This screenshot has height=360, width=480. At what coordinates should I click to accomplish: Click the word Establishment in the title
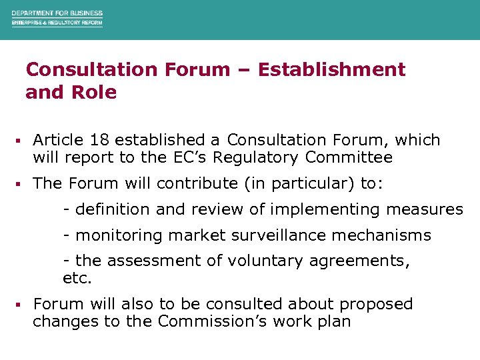tap(331, 69)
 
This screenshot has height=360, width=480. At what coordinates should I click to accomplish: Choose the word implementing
tap(309, 209)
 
